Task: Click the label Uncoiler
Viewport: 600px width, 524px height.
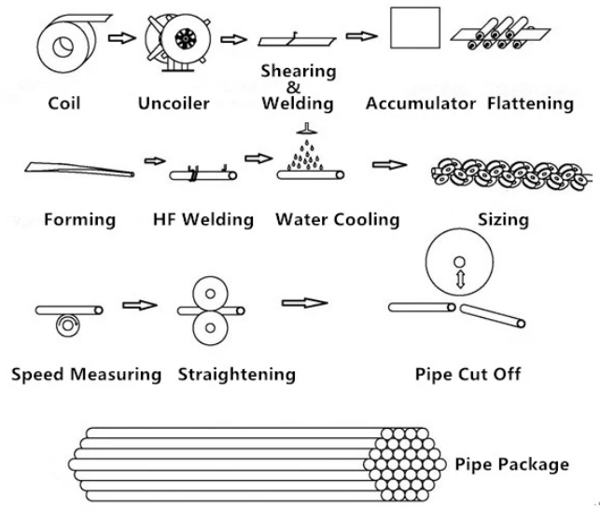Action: click(174, 103)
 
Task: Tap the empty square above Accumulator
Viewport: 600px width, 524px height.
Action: click(415, 28)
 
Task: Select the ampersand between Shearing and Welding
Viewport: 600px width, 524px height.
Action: click(293, 88)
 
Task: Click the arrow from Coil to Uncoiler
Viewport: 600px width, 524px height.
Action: click(122, 38)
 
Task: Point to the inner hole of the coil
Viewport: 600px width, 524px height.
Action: click(63, 47)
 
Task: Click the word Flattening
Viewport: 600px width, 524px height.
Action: click(530, 103)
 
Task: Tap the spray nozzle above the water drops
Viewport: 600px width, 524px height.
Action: click(306, 129)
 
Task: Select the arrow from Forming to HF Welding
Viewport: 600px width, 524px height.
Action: click(155, 161)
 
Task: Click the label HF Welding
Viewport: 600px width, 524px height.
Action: click(203, 219)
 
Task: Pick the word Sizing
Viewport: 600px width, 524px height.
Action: click(503, 220)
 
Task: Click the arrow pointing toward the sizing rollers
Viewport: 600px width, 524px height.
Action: click(389, 165)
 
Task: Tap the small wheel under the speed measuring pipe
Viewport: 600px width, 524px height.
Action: click(68, 325)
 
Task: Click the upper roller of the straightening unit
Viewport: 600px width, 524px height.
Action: click(210, 294)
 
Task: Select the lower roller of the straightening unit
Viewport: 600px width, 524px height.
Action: click(210, 328)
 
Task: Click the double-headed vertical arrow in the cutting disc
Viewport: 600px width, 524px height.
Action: click(460, 279)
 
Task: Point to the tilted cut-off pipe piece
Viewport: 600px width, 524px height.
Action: click(492, 316)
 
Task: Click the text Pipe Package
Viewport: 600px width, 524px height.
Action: click(511, 464)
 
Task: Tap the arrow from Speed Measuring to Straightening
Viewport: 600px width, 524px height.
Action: click(140, 305)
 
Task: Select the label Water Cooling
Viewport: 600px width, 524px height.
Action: click(338, 220)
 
